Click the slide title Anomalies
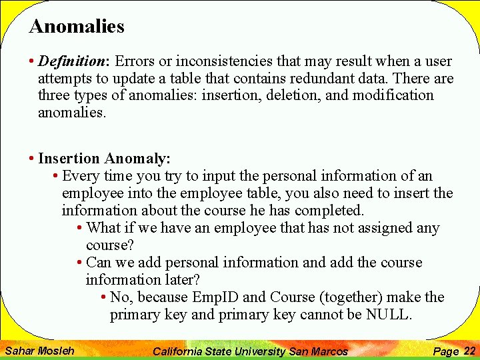pyautogui.click(x=77, y=27)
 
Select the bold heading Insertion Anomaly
pyautogui.click(x=105, y=159)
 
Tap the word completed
pyautogui.click(x=329, y=211)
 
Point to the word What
pyautogui.click(x=103, y=228)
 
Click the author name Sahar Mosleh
pyautogui.click(x=39, y=351)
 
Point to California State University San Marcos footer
pyautogui.click(x=250, y=351)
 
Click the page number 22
pyautogui.click(x=469, y=351)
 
